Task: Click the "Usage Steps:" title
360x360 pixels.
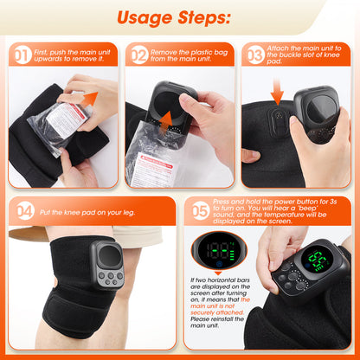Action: (174, 18)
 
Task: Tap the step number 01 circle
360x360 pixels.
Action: (22, 55)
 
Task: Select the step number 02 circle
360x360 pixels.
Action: (139, 55)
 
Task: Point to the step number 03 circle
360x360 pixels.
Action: (255, 55)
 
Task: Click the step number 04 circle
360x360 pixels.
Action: (25, 211)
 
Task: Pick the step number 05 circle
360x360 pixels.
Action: (201, 211)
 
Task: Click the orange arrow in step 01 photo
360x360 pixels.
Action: (89, 99)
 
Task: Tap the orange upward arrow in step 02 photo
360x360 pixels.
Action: (166, 122)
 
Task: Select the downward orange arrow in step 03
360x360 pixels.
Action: (277, 92)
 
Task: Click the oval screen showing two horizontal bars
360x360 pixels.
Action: (218, 250)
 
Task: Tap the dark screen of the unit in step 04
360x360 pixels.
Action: (110, 256)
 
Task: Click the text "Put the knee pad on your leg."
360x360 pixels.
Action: (87, 213)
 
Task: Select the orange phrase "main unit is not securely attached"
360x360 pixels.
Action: (218, 306)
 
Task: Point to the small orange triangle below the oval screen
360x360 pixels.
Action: (218, 273)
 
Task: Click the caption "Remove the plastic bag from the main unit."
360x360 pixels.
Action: (189, 55)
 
